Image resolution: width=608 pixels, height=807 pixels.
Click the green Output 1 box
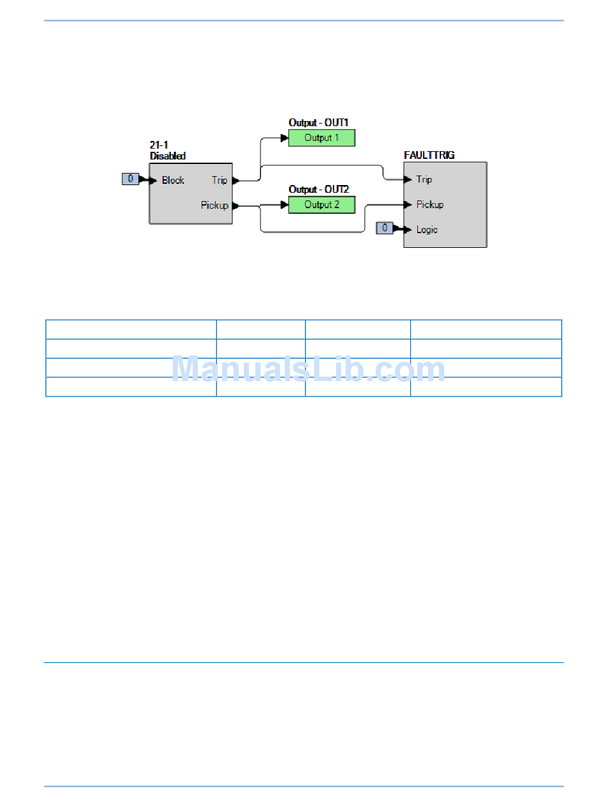pos(321,138)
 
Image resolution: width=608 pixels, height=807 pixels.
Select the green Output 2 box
pos(321,205)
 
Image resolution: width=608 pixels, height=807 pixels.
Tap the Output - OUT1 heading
pos(318,122)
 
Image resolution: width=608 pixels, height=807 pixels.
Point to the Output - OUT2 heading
pos(318,190)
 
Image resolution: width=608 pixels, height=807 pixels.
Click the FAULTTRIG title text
pos(429,155)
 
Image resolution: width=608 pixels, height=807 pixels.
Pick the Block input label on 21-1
pos(173,180)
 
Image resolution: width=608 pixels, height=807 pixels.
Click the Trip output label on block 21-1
pos(220,181)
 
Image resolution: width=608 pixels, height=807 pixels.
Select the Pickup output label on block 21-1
pos(214,206)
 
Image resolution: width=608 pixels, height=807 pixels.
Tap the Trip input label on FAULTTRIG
pos(424,179)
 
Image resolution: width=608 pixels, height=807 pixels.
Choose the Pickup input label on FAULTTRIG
pos(430,205)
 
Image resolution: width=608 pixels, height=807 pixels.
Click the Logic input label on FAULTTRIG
pos(427,229)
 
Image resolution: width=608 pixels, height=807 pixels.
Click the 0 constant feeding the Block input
pos(130,179)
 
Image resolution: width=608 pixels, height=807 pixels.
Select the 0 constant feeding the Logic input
pos(384,227)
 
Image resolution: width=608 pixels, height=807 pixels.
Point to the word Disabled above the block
pos(168,156)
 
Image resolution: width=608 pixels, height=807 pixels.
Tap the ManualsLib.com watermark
pos(308,370)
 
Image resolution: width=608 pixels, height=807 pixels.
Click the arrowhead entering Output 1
pos(284,138)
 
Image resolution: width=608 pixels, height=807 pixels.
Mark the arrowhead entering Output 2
pos(284,205)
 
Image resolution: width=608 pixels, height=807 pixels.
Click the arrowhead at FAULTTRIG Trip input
pos(408,179)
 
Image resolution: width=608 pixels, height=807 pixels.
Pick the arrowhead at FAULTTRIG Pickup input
pos(408,205)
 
